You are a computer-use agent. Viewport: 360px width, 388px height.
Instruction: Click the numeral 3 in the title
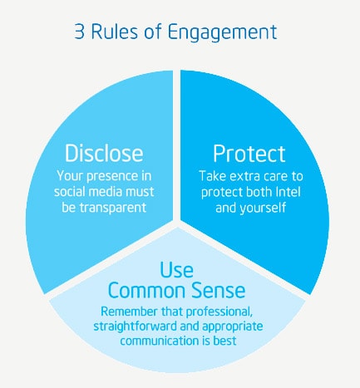[x=79, y=32]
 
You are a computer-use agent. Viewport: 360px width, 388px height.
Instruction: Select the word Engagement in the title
[x=222, y=32]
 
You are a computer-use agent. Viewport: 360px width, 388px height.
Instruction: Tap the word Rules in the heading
[x=114, y=31]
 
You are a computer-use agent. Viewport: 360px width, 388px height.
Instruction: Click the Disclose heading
[x=104, y=153]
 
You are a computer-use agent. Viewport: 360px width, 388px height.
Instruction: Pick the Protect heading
[x=249, y=154]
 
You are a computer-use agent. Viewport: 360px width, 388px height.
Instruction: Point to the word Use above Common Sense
[x=177, y=270]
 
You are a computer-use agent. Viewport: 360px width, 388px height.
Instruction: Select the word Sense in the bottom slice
[x=219, y=290]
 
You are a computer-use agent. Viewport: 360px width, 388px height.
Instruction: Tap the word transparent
[x=113, y=208]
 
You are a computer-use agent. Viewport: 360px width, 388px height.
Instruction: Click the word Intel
[x=288, y=192]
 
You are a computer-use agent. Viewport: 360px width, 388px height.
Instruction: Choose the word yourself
[x=263, y=208]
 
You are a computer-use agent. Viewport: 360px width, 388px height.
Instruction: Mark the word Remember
[x=129, y=312]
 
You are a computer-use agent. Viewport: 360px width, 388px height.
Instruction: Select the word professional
[x=219, y=312]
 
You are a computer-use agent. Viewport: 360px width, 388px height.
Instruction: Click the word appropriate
[x=233, y=327]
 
